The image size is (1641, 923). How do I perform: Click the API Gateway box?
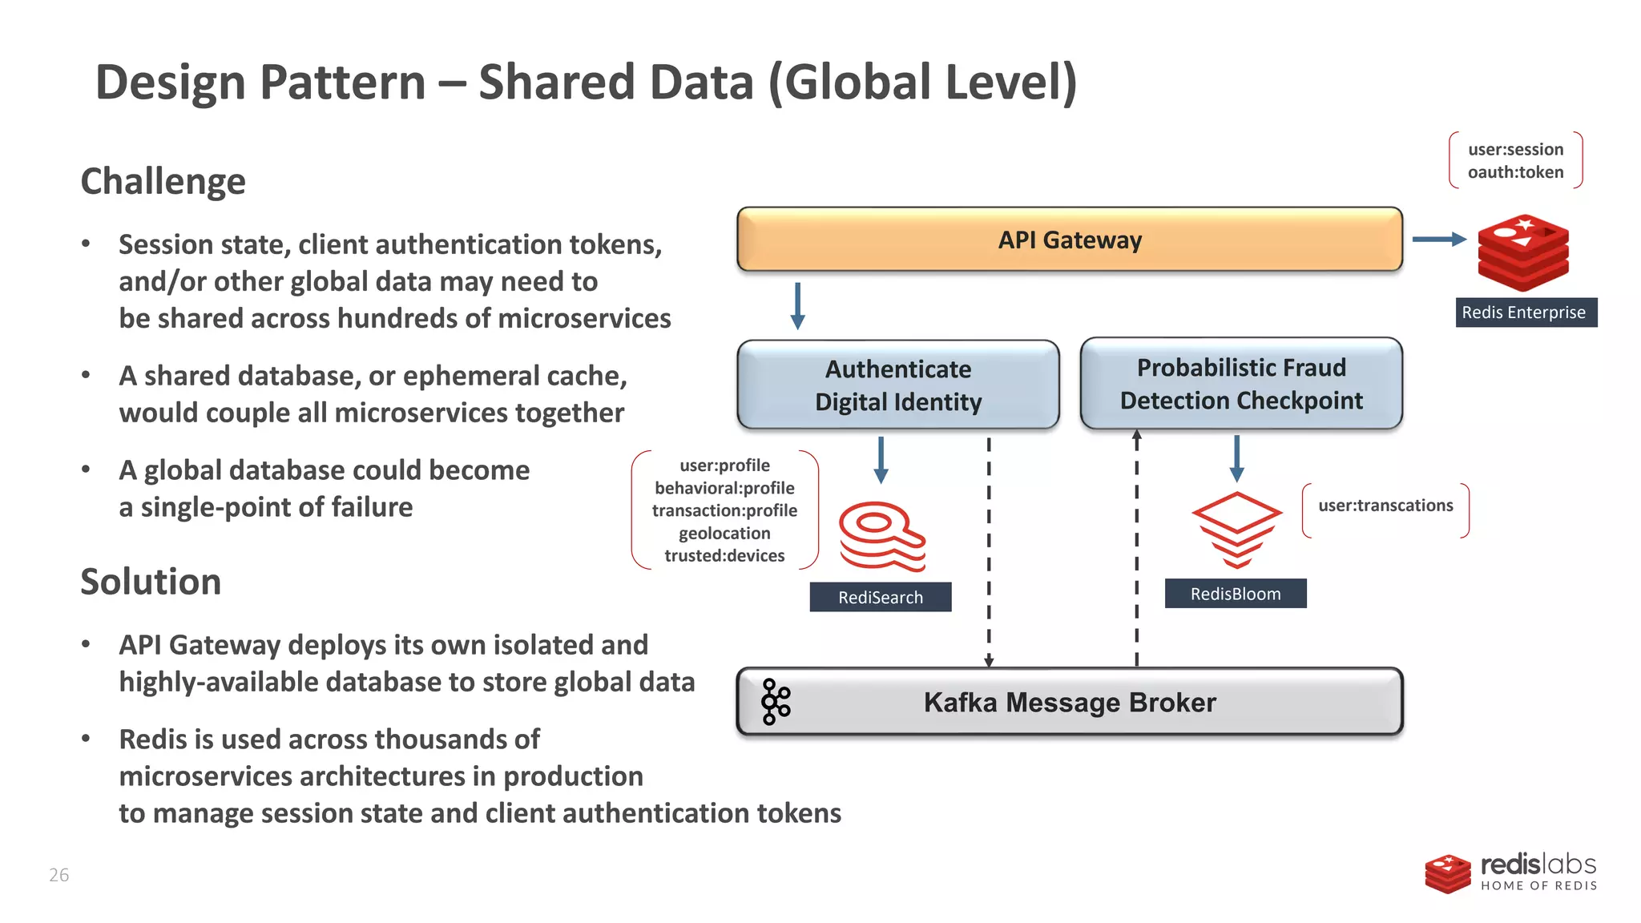1069,240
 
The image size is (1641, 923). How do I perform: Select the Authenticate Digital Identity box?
897,385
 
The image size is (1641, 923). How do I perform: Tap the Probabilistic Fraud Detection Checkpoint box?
1240,384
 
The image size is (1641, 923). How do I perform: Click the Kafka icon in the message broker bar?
775,702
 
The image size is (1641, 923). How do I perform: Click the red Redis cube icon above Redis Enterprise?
1522,252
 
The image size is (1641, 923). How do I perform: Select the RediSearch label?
880,597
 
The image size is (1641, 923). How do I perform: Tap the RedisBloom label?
1235,594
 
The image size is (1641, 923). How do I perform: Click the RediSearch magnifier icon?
881,535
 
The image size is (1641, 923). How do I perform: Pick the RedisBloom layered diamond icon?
1236,529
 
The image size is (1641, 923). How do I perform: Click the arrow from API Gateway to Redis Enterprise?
1438,239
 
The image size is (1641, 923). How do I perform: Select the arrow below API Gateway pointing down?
797,305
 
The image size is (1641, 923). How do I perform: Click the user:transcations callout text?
1385,506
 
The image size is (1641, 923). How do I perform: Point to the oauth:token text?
1514,172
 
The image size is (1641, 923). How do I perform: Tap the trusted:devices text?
724,555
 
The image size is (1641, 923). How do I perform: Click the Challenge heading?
163,181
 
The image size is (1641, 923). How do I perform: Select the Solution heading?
151,582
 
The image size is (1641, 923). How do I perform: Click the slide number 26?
59,875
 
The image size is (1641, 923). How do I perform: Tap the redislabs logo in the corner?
1510,873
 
